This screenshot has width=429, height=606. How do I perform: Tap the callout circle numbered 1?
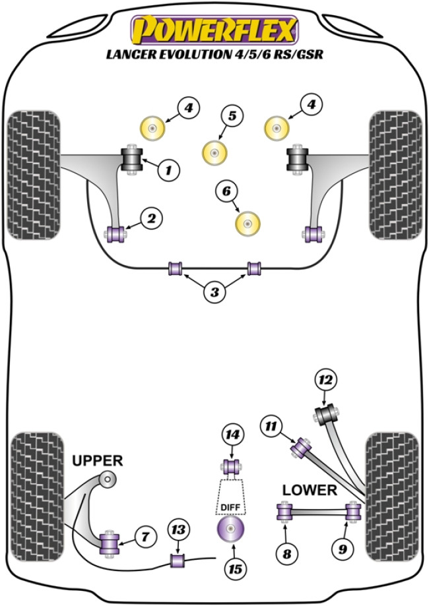[168, 171]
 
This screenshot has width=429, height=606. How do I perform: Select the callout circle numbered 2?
[151, 218]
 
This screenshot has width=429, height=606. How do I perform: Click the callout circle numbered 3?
[213, 292]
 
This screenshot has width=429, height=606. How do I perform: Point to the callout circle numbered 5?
[232, 117]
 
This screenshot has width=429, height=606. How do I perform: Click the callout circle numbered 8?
[286, 553]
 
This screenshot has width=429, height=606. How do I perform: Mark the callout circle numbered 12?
[325, 380]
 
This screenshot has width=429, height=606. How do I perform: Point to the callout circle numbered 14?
[231, 436]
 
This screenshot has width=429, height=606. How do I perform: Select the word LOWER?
[310, 490]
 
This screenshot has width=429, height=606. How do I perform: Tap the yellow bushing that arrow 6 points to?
[248, 224]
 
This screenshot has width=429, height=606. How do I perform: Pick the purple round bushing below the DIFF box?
[231, 529]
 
